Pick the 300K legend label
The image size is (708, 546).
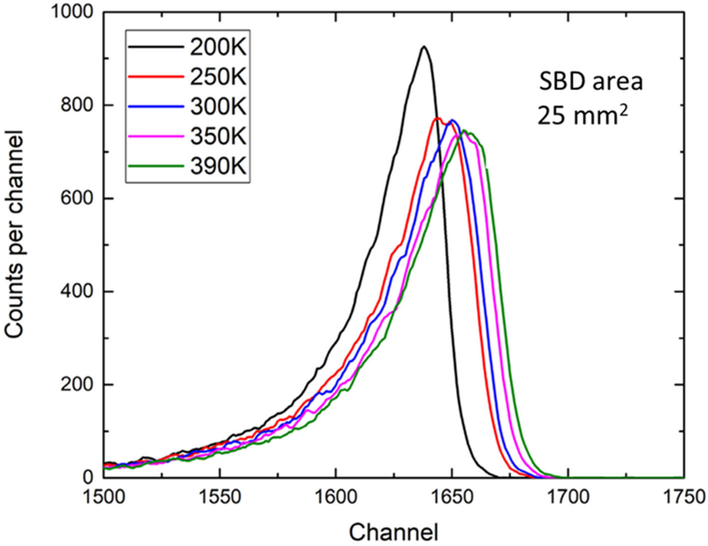pyautogui.click(x=218, y=107)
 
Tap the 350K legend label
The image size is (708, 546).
pyautogui.click(x=218, y=137)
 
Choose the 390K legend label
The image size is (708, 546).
pyautogui.click(x=218, y=167)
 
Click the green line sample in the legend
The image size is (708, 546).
pyautogui.click(x=156, y=166)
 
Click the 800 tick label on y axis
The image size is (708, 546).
pyautogui.click(x=76, y=106)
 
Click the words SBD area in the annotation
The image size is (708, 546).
pyautogui.click(x=590, y=82)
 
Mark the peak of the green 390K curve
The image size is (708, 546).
pyautogui.click(x=464, y=131)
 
